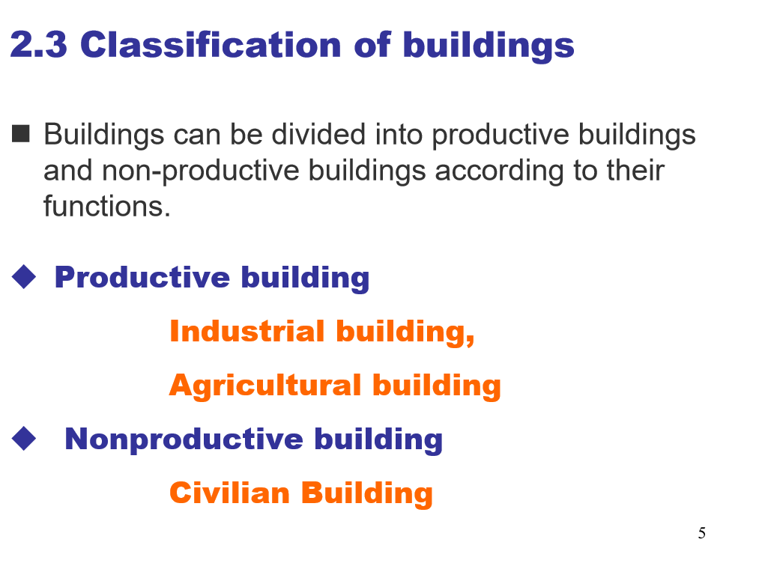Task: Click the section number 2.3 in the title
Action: click(x=38, y=45)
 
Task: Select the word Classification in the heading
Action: click(x=211, y=44)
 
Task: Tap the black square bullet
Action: click(x=20, y=133)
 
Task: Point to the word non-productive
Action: click(x=200, y=171)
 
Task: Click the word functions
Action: click(x=107, y=206)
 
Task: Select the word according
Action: click(x=499, y=171)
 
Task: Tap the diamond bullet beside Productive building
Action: click(x=24, y=277)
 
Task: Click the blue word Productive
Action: click(x=142, y=277)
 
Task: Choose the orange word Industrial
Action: click(x=247, y=332)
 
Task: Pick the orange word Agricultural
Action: click(x=265, y=386)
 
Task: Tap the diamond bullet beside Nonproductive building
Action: click(x=24, y=439)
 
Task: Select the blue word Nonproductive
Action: click(x=184, y=439)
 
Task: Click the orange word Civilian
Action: click(x=229, y=493)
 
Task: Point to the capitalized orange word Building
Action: click(x=367, y=494)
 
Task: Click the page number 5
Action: click(x=702, y=533)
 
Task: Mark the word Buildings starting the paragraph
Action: click(x=104, y=136)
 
